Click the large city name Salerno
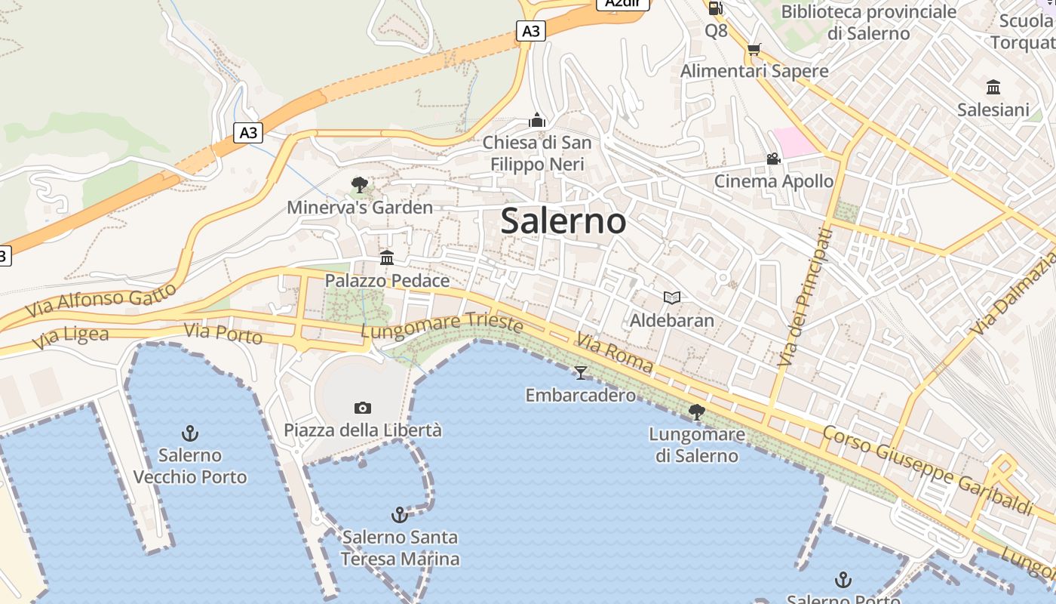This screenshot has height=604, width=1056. point(563,221)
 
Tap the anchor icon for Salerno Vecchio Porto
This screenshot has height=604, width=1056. point(190,433)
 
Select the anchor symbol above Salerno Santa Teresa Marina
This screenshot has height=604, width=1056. point(400,515)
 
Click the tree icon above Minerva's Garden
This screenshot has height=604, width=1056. point(360,185)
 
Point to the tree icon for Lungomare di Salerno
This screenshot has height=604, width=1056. point(696,412)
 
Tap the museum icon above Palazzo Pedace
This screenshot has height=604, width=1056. point(387,258)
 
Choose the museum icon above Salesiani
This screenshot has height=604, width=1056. point(993,87)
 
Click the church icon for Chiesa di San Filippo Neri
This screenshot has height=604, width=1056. point(537,120)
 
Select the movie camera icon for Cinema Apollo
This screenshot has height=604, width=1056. point(773,159)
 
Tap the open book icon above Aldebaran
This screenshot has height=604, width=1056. point(672,297)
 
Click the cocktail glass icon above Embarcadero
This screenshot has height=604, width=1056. point(580,372)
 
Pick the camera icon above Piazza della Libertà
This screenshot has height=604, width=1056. point(363,408)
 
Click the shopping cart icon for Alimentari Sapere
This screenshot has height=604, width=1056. point(754,50)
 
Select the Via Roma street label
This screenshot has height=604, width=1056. point(615,352)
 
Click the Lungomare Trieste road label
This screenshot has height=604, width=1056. point(442,326)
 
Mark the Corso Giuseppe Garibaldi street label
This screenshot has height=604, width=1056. point(927,470)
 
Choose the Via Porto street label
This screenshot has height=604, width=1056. point(223,332)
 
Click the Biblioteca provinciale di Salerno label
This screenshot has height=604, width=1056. point(868,23)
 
